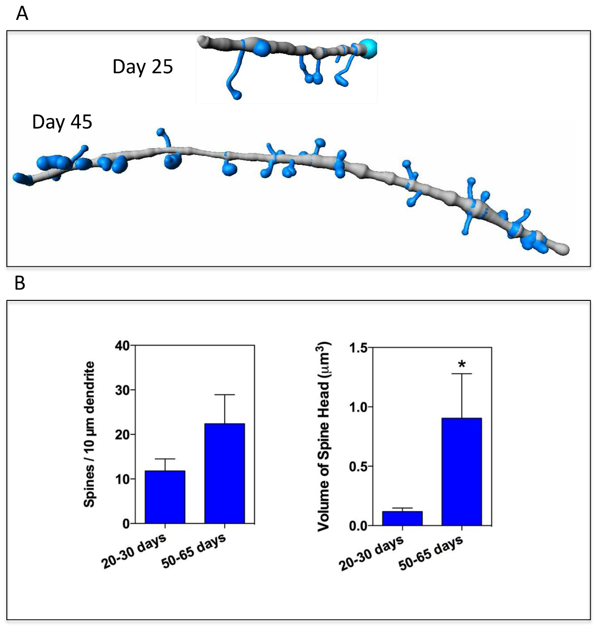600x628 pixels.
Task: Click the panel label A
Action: pyautogui.click(x=22, y=14)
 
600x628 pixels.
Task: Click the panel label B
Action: pyautogui.click(x=19, y=283)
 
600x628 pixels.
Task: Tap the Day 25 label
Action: pyautogui.click(x=142, y=67)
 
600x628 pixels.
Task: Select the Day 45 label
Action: pyautogui.click(x=62, y=122)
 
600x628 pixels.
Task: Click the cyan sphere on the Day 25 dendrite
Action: pyautogui.click(x=368, y=49)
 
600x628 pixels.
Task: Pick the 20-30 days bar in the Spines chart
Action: pyautogui.click(x=165, y=497)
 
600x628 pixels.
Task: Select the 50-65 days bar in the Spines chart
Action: pyautogui.click(x=225, y=473)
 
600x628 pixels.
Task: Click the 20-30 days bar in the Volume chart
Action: pyautogui.click(x=402, y=518)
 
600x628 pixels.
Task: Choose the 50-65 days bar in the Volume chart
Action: pyautogui.click(x=462, y=472)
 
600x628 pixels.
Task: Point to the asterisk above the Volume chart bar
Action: pyautogui.click(x=462, y=364)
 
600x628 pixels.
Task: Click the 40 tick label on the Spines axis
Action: pyautogui.click(x=123, y=346)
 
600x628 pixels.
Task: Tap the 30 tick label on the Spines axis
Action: pyautogui.click(x=123, y=390)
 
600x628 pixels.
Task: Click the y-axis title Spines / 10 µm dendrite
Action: pyautogui.click(x=90, y=434)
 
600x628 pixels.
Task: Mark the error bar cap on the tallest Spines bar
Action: pyautogui.click(x=225, y=395)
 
